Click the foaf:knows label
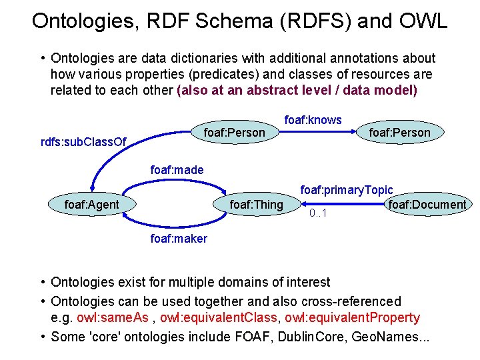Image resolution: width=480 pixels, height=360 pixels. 313,120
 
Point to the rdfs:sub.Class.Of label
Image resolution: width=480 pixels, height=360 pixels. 83,141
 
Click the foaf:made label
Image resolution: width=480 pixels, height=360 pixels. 177,171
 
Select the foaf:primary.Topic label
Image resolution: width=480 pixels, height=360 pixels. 346,191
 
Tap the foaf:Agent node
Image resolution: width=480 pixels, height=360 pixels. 91,204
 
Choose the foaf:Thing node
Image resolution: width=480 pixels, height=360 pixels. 256,204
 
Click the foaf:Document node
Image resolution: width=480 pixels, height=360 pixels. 427,204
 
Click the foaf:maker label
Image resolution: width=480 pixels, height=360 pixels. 179,238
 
